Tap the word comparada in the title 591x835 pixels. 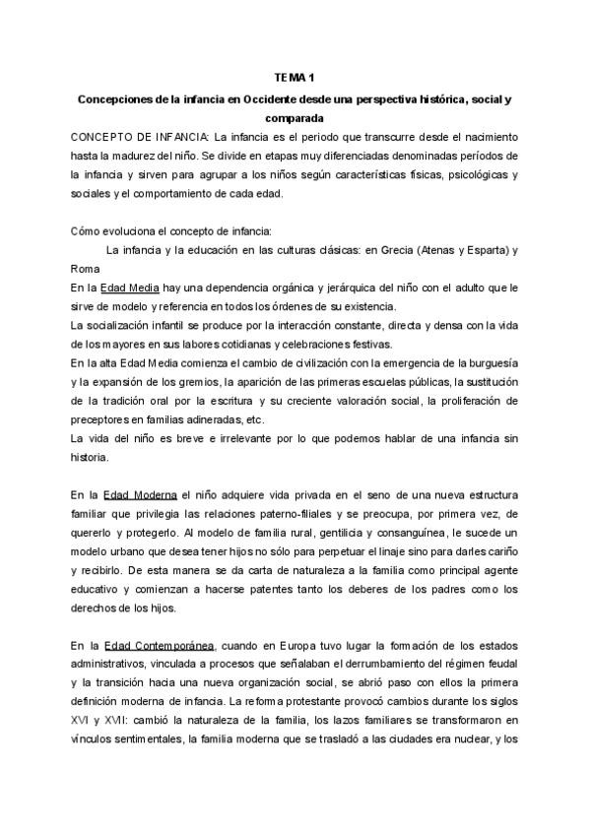[295, 117]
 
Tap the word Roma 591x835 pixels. [86, 269]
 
